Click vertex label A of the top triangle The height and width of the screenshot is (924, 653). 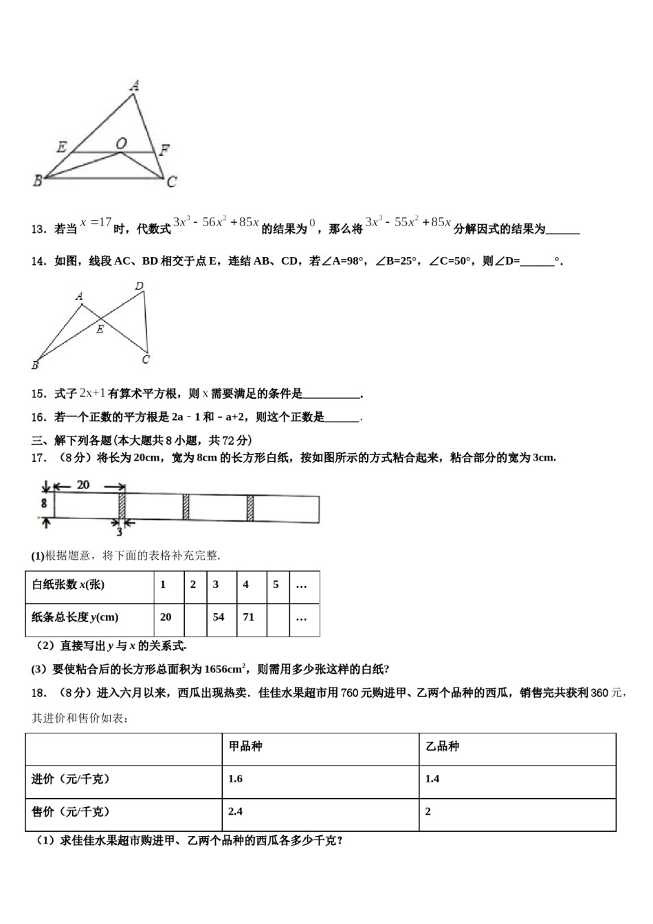[x=135, y=86]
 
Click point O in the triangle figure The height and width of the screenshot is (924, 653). [x=121, y=144]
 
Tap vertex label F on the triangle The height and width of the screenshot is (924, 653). [x=164, y=150]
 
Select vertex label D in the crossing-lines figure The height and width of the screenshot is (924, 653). [x=140, y=286]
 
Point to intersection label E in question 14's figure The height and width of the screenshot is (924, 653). [x=100, y=329]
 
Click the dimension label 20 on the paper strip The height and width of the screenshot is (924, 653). [x=82, y=485]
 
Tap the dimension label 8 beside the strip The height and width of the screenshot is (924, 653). [x=43, y=503]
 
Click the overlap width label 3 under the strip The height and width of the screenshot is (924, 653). [x=119, y=532]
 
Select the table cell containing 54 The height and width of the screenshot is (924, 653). [x=219, y=617]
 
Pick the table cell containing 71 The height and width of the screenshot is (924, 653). [x=248, y=617]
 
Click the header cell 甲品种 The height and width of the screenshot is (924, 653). [x=245, y=746]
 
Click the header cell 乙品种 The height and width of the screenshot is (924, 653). [x=443, y=746]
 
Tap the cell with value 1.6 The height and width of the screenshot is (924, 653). [x=235, y=779]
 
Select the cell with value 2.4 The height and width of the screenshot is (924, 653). [x=235, y=811]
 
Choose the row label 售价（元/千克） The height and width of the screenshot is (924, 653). [x=71, y=811]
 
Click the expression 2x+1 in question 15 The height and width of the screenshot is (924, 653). [x=92, y=393]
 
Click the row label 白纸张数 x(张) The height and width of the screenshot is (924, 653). [x=68, y=584]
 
